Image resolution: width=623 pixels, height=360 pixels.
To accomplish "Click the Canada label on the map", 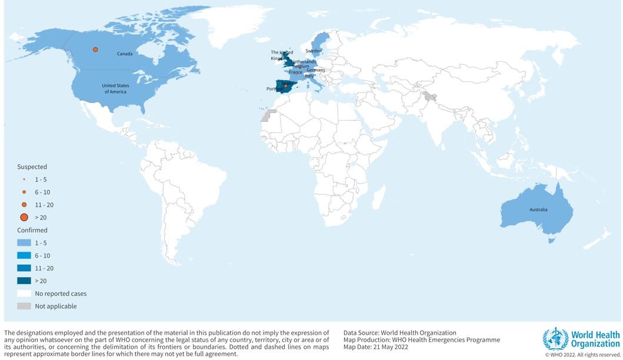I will [124, 54].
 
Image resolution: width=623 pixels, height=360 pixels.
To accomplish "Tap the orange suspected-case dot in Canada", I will [95, 50].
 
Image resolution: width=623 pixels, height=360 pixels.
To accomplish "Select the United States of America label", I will [115, 89].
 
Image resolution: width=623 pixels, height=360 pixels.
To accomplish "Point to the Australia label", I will [538, 209].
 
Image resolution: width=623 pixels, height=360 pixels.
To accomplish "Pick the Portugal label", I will [275, 89].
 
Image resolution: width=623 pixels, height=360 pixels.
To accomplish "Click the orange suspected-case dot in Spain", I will [285, 86].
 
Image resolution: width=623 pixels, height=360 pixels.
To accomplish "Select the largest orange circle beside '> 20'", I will [24, 218].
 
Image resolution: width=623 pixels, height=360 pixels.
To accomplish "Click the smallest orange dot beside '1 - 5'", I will [24, 179].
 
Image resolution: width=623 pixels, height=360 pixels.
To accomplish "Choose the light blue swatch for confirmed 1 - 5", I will [24, 242].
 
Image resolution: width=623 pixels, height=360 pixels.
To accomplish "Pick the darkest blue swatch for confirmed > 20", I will [24, 281].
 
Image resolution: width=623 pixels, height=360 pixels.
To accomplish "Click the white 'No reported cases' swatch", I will [24, 293].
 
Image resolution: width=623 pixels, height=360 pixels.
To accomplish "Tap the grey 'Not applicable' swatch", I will [24, 306].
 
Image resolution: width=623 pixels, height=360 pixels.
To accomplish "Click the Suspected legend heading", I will [32, 167].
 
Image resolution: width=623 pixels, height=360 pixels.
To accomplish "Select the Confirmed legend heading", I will [32, 230].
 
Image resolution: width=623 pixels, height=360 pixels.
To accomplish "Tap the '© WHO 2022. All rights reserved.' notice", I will [582, 355].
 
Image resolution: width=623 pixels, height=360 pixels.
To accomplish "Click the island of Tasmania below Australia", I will [551, 239].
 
